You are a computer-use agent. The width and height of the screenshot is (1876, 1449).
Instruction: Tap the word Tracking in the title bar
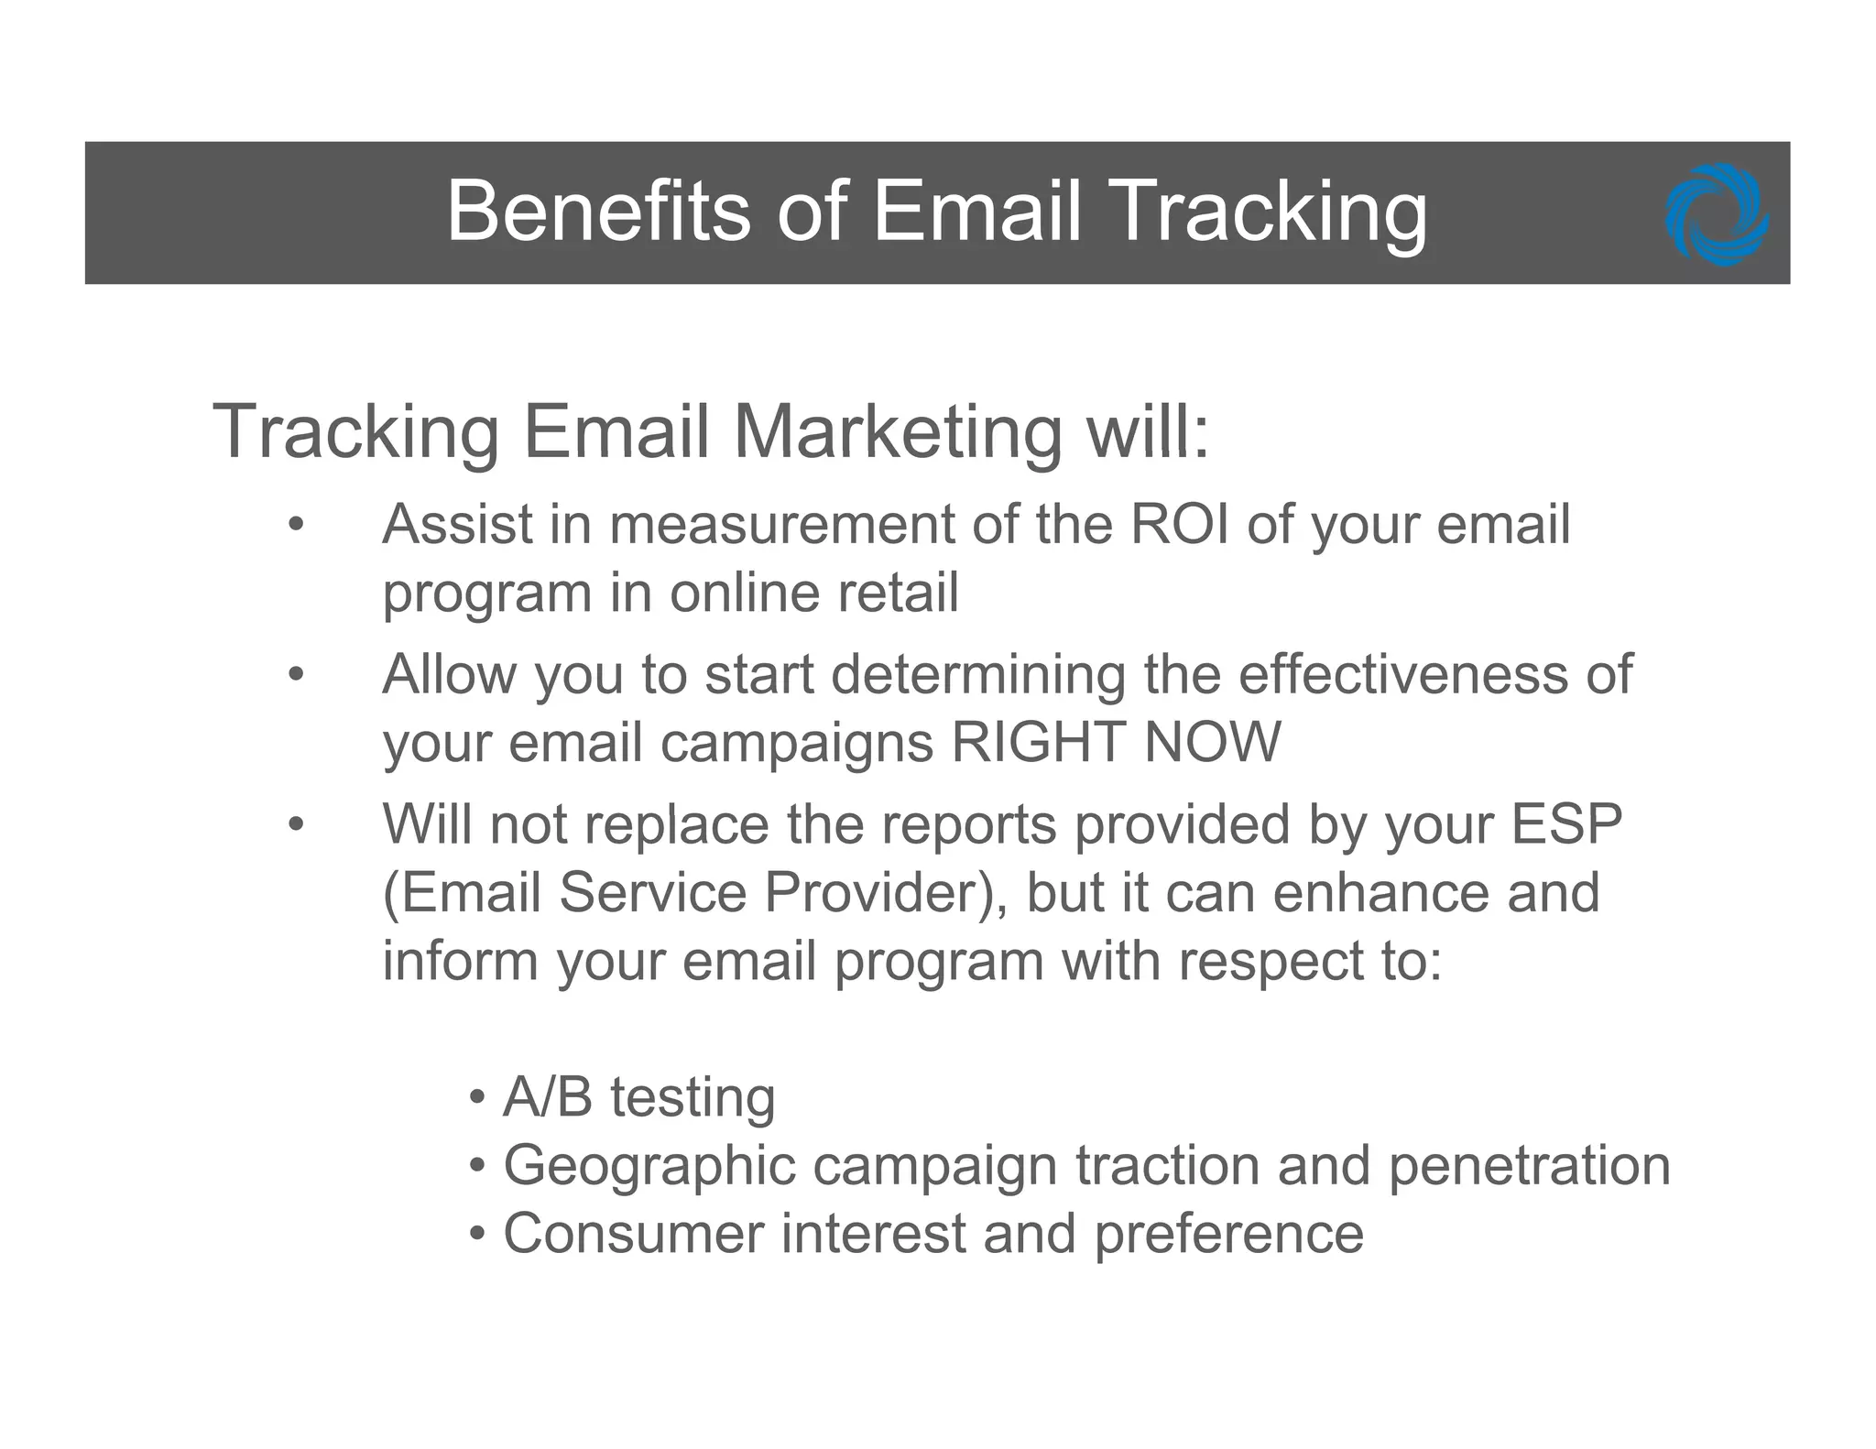point(1271,212)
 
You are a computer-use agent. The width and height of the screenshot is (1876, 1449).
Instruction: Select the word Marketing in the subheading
point(897,431)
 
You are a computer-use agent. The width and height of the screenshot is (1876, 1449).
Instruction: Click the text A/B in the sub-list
point(548,1097)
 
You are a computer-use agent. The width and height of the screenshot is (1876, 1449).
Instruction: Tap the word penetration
point(1529,1166)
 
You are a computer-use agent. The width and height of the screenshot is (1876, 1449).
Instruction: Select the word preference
point(1228,1234)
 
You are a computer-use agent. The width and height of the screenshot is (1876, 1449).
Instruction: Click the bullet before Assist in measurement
point(294,526)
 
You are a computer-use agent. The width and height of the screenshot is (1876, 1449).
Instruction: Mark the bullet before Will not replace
point(294,824)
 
